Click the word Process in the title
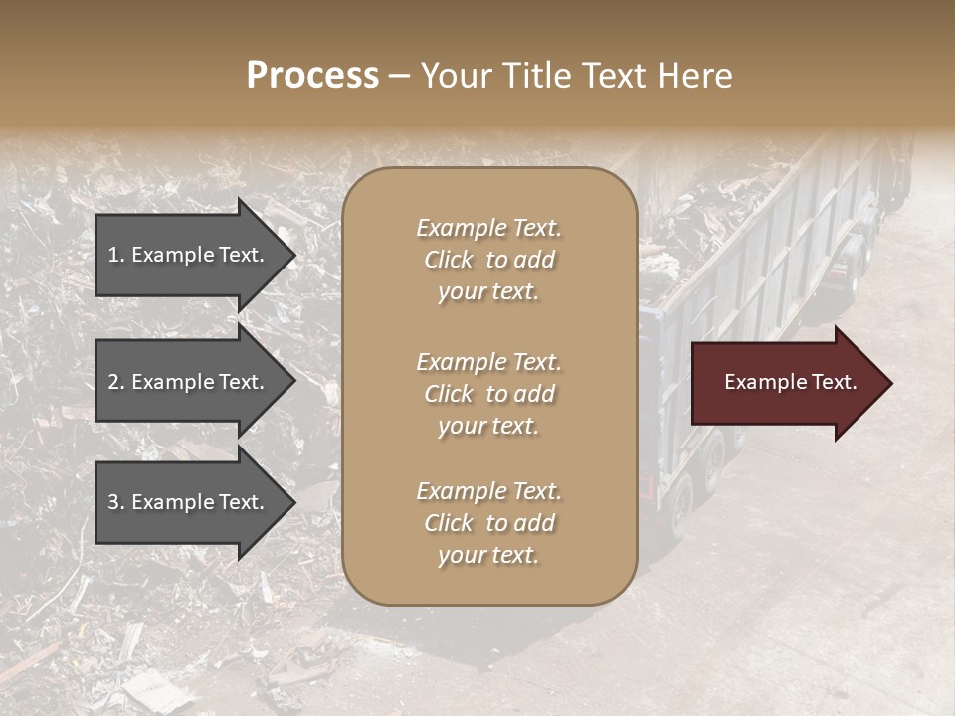click(x=312, y=76)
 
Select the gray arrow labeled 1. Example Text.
click(x=189, y=255)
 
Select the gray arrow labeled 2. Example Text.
click(x=189, y=382)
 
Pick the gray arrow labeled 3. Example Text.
click(x=189, y=502)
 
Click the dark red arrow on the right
click(x=786, y=383)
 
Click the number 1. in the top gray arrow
click(x=116, y=255)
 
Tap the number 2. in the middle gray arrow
click(x=116, y=382)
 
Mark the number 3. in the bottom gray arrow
click(x=116, y=502)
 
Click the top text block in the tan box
click(x=488, y=260)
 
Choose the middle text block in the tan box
click(x=488, y=394)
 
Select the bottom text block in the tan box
click(x=488, y=523)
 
